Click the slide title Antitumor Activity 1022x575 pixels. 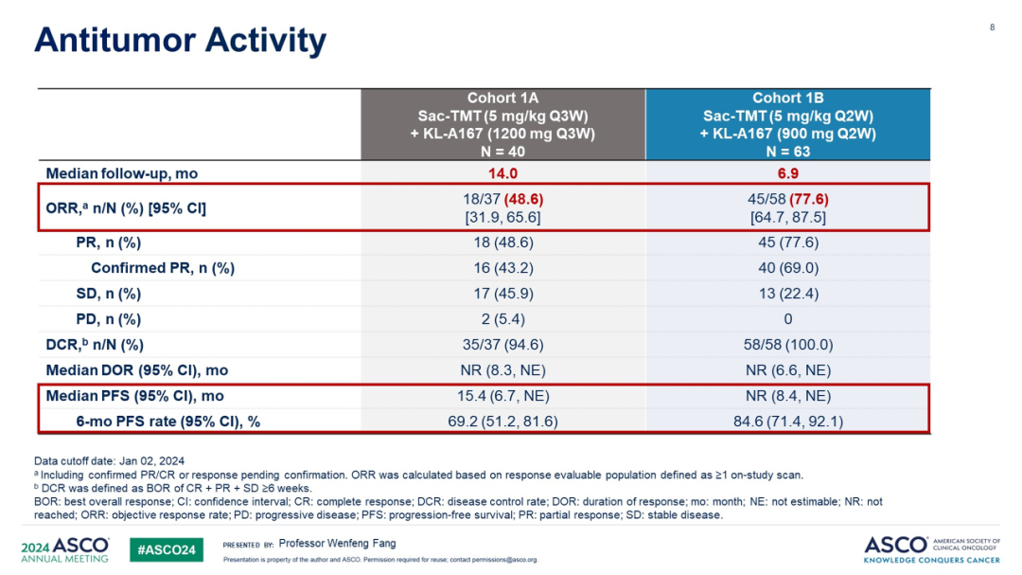(180, 41)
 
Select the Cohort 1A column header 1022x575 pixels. (502, 124)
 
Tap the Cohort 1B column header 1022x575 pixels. (787, 124)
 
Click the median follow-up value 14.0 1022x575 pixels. (502, 173)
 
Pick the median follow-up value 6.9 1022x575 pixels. (787, 173)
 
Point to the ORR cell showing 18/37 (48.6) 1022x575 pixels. (502, 200)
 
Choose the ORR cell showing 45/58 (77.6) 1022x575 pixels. (787, 200)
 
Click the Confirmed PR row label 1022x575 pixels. (162, 268)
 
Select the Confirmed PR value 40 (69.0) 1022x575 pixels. (787, 268)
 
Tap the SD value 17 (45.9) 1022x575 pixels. (502, 294)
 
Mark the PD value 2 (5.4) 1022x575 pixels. (502, 319)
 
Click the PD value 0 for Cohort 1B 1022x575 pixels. (787, 319)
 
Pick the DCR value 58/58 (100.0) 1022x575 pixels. (787, 345)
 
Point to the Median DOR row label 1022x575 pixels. (137, 370)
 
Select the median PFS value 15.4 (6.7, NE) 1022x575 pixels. (502, 396)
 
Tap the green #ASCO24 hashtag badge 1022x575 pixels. (166, 549)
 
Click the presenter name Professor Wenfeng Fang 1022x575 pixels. (337, 544)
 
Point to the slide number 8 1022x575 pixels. (992, 27)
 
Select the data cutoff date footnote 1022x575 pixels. (110, 461)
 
